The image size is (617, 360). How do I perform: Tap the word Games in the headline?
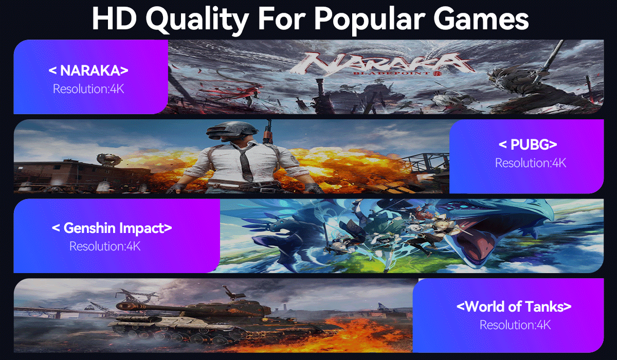pos(481,19)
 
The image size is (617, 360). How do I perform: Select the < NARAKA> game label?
pos(88,70)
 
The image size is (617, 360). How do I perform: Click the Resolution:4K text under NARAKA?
pos(88,89)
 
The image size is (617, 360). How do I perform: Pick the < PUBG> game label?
pos(528,145)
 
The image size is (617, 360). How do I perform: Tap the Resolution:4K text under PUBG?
pos(531,163)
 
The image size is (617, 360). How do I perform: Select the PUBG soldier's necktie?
pos(245,162)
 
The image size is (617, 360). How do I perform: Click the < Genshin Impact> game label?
pos(112,228)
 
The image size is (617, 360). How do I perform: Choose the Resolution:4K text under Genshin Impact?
pos(105,246)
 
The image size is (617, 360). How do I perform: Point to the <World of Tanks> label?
pos(514,307)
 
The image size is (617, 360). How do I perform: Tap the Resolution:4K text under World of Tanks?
pos(515,325)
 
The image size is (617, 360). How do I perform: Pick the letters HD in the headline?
pos(114,19)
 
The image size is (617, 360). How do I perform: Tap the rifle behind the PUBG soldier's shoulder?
pos(267,132)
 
